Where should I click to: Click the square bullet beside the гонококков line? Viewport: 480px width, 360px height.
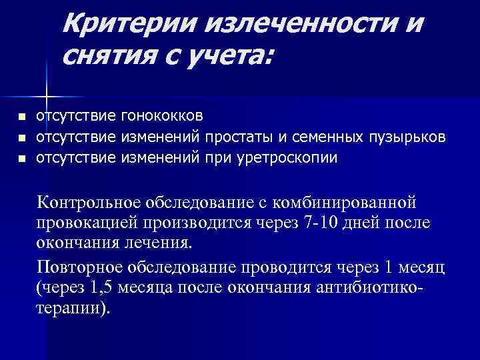(x=21, y=117)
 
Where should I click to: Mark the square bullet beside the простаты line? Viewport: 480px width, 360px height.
(x=21, y=139)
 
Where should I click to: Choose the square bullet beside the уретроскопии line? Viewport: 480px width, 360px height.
(x=21, y=160)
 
